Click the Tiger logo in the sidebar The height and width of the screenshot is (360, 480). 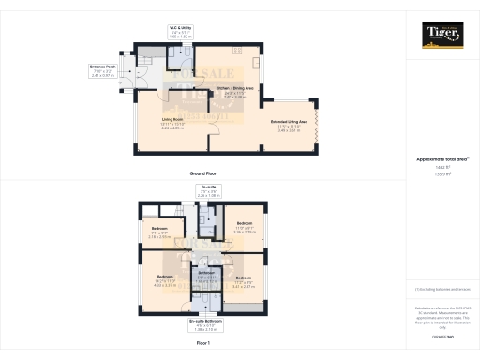(x=443, y=37)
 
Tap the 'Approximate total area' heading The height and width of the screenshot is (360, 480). (x=442, y=160)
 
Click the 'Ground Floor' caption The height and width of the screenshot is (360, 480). (x=204, y=174)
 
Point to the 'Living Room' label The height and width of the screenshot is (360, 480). (x=171, y=120)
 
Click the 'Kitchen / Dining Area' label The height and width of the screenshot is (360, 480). (x=233, y=88)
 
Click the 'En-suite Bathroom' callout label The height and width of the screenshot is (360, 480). (x=205, y=322)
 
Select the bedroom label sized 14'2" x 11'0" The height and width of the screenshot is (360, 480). (x=165, y=277)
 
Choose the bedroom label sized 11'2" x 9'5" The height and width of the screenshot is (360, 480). (x=244, y=278)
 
